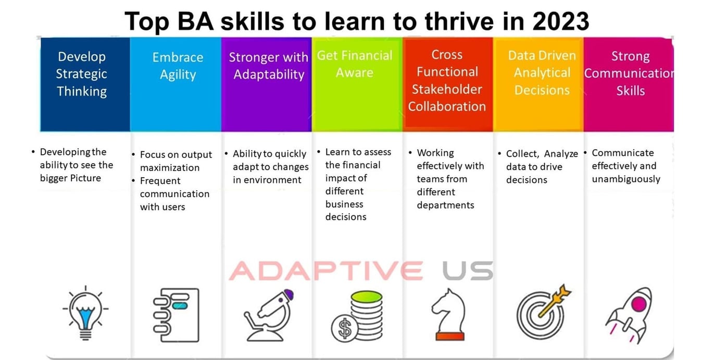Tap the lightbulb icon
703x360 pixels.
coord(85,314)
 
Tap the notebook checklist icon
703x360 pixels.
coord(176,314)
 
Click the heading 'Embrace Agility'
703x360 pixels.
coord(178,66)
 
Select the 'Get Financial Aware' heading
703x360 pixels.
coord(355,64)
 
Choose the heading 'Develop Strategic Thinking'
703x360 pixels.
coord(81,74)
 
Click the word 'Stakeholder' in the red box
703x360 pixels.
coord(447,89)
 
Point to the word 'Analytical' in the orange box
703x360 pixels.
coord(542,73)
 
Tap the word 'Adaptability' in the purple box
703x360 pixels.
coord(269,75)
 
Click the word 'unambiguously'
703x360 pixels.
coord(626,179)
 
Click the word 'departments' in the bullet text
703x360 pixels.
coord(445,205)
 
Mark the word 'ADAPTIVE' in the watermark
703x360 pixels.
coord(326,271)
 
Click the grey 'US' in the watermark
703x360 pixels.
coord(467,271)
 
